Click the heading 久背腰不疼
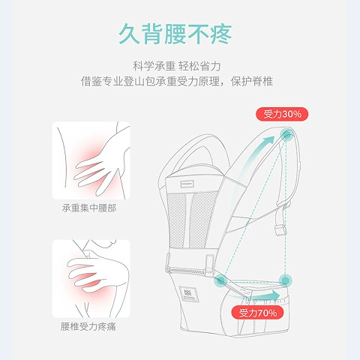pos(175,34)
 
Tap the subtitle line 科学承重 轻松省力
pos(177,66)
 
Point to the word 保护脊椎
pos(252,82)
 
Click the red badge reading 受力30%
pos(282,114)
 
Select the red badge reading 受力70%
pos(257,313)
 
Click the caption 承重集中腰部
pos(89,208)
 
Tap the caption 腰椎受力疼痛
pos(88,326)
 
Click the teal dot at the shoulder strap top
pos(286,135)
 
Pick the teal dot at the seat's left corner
pos(220,280)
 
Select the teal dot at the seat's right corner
pos(285,280)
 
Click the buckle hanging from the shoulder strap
pos(280,229)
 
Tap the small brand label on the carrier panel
pos(187,184)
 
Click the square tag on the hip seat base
pos(189,294)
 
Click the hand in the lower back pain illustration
pos(96,272)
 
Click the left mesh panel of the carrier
pos(178,219)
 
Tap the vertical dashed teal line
pos(285,208)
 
